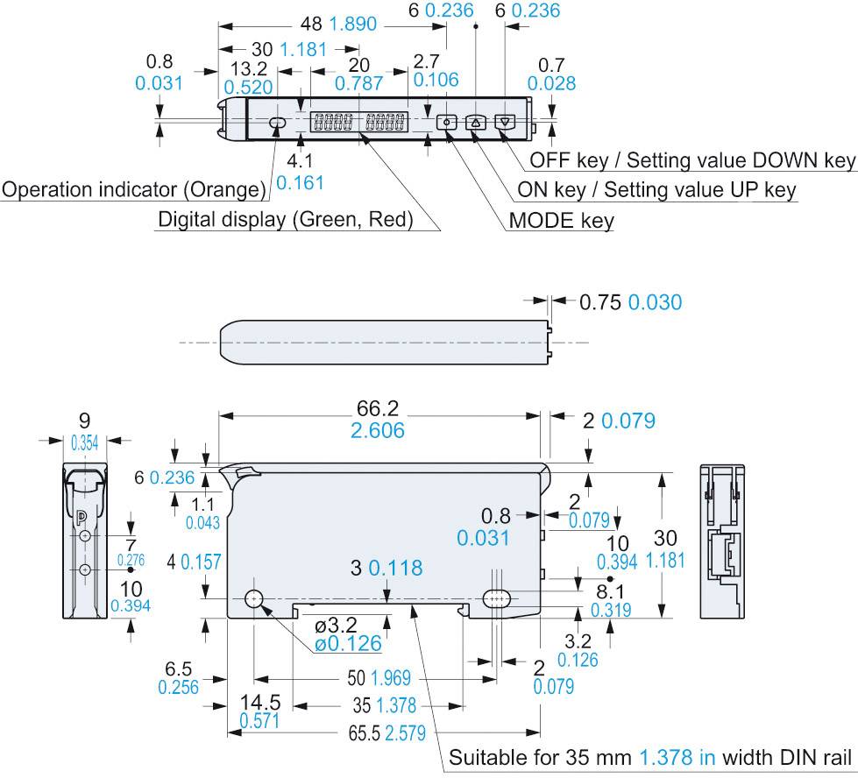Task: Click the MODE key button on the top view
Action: (x=447, y=124)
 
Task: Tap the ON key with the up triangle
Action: (x=476, y=124)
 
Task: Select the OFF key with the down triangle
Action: (x=506, y=124)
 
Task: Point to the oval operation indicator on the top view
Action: (x=277, y=124)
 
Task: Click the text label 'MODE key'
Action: (x=561, y=220)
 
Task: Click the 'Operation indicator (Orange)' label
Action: (x=134, y=189)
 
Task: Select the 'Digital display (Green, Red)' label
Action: (x=285, y=219)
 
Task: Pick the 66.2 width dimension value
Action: (x=379, y=408)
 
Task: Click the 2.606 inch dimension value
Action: (x=379, y=431)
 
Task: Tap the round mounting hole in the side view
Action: (x=254, y=599)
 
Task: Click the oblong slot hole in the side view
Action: (x=498, y=599)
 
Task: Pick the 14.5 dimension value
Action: (x=262, y=703)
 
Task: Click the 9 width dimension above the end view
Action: (x=84, y=421)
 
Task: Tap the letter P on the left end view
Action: (x=82, y=515)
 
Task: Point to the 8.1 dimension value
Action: (x=611, y=591)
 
